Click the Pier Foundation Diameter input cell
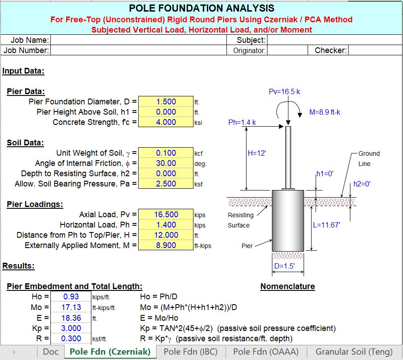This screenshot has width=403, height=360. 166,101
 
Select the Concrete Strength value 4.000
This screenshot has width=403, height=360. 166,122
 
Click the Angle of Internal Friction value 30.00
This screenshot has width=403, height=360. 166,163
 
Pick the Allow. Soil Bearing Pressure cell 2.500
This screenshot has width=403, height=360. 166,184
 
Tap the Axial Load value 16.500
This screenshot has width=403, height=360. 166,215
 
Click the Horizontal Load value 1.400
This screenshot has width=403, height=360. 166,225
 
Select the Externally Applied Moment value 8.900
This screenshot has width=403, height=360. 166,245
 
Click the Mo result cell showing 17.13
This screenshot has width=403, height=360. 71,307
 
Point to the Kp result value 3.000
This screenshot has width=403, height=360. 71,328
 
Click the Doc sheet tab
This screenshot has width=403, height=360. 50,352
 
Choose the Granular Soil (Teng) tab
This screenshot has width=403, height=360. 354,352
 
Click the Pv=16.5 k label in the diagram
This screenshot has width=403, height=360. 284,92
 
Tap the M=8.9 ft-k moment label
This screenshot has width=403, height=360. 325,112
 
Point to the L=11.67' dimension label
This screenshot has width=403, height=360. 326,225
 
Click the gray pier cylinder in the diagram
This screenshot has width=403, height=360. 288,221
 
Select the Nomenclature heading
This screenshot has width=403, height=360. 288,286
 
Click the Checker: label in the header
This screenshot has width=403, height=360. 330,50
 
